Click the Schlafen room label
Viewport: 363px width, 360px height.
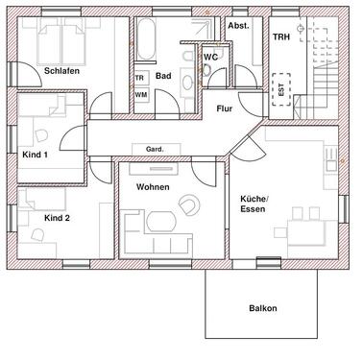pyautogui.click(x=60, y=71)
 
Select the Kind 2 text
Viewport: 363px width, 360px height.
pyautogui.click(x=57, y=218)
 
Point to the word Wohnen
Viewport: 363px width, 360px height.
pyautogui.click(x=153, y=185)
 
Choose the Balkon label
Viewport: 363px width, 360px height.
pyautogui.click(x=262, y=308)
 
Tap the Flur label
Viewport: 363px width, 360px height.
pyautogui.click(x=224, y=108)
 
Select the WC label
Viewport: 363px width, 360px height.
pyautogui.click(x=211, y=57)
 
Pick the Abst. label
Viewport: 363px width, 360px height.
pyautogui.click(x=238, y=26)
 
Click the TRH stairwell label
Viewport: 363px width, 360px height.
pyautogui.click(x=280, y=36)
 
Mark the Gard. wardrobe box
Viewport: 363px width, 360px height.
pyautogui.click(x=154, y=150)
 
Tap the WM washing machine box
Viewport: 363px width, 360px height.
pyautogui.click(x=140, y=94)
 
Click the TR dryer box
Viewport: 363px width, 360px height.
pyautogui.click(x=140, y=78)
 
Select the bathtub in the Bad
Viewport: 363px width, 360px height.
pyautogui.click(x=145, y=40)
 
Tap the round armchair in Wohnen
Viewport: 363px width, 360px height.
pyautogui.click(x=189, y=204)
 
